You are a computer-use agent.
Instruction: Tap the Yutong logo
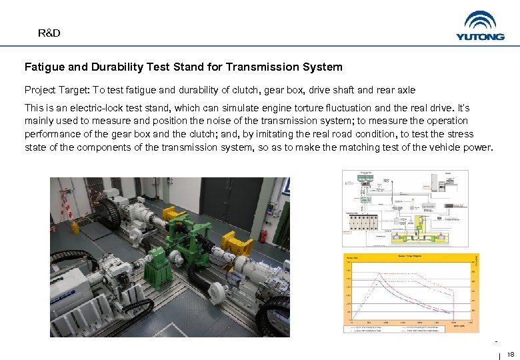click(480, 26)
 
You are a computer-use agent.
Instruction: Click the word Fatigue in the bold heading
click(44, 67)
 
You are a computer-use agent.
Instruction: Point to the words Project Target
click(56, 90)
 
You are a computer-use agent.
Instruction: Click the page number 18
click(511, 354)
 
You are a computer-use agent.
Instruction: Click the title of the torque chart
click(409, 255)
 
